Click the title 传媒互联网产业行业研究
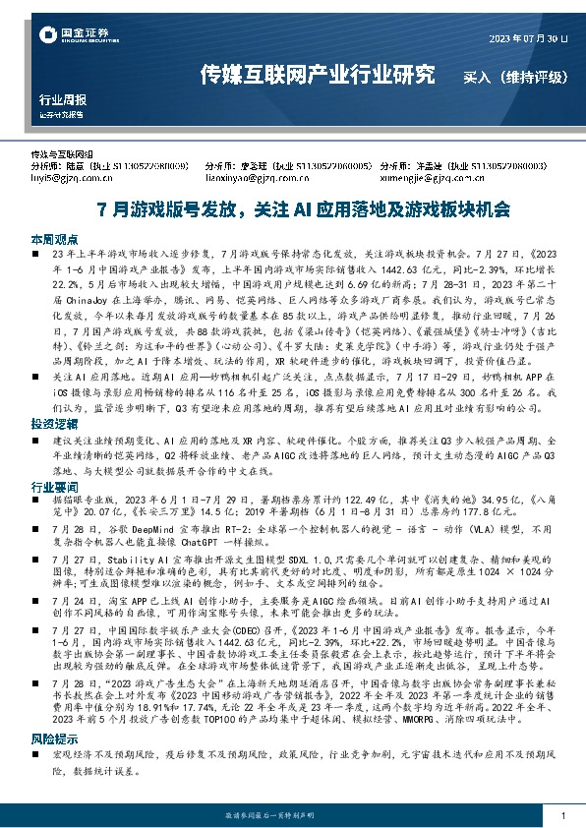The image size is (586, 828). (317, 75)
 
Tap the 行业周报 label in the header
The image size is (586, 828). (62, 99)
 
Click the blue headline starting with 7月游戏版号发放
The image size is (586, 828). (291, 208)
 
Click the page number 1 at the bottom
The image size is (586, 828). (561, 816)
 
